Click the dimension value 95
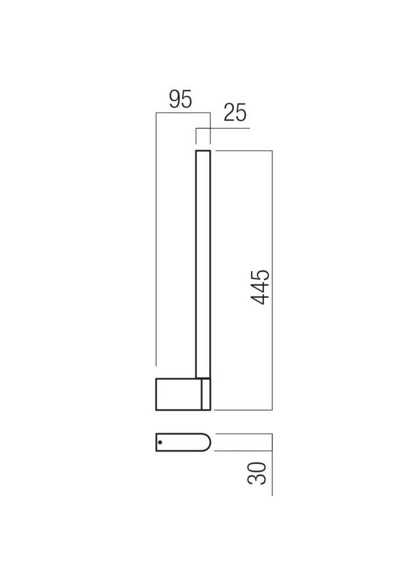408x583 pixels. point(180,100)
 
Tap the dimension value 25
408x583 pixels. point(235,113)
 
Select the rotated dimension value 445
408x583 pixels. point(261,287)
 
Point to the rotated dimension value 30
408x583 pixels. point(257,473)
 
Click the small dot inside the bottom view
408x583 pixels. point(160,442)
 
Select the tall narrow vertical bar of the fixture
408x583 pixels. point(203,262)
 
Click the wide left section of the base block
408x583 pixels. point(178,394)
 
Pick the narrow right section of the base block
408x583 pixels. point(206,394)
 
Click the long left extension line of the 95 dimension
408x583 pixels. point(156,239)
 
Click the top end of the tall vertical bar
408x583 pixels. point(203,151)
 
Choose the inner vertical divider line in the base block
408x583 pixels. point(201,394)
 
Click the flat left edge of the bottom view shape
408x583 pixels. point(156,442)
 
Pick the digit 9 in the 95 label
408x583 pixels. point(175,100)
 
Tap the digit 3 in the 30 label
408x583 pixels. point(257,479)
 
